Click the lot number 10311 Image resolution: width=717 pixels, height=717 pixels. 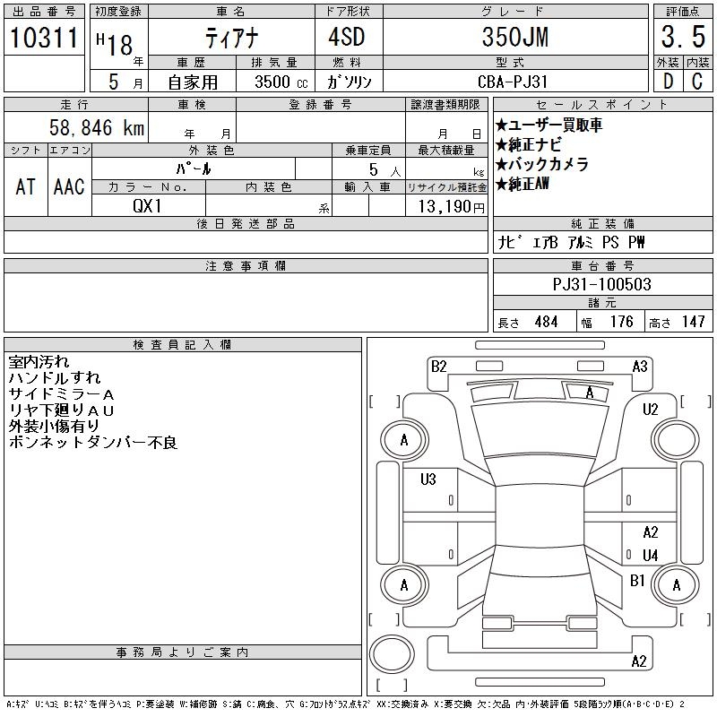point(44,37)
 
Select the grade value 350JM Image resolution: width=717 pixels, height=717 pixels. point(515,37)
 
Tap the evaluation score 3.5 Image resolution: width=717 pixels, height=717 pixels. point(683,37)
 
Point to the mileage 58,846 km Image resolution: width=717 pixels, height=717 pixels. point(97,127)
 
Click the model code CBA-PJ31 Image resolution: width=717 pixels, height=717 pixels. point(512,82)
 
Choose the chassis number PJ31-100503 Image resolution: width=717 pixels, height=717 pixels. point(601,284)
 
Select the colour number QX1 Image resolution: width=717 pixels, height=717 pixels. point(147,206)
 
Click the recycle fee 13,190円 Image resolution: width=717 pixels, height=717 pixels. point(451,207)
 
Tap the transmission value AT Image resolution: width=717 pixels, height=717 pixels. point(26,186)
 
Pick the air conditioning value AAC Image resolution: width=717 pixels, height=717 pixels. point(69,186)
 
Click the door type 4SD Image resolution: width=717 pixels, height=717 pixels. point(347,37)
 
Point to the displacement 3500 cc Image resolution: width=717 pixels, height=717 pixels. point(281,82)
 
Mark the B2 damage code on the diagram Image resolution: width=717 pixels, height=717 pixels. point(438,367)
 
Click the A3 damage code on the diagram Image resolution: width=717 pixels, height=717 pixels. point(640,367)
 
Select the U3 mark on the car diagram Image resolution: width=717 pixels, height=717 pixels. point(428,479)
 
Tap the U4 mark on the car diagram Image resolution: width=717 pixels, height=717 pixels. point(651,555)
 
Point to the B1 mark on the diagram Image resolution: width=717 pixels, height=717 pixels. point(637,581)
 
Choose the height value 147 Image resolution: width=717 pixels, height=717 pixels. point(693,322)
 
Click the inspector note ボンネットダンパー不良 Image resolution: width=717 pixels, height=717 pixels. point(93,442)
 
